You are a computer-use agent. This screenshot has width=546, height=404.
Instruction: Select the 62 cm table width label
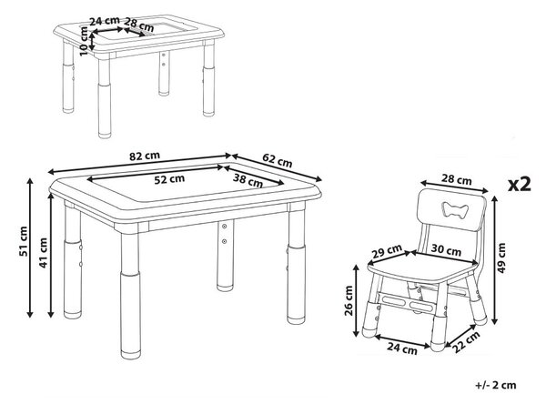[x=278, y=160]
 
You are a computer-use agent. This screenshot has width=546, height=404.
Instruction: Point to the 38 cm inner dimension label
[x=248, y=180]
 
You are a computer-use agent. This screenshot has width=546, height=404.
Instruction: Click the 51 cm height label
[x=24, y=241]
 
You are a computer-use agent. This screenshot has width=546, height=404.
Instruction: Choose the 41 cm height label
[x=43, y=253]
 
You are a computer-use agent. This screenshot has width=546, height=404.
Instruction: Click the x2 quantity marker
[x=520, y=184]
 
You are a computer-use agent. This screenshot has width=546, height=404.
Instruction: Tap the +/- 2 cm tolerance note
[x=496, y=385]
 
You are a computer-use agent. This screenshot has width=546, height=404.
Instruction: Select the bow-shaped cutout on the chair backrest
[x=455, y=210]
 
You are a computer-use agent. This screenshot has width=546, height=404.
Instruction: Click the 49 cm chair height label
[x=501, y=258]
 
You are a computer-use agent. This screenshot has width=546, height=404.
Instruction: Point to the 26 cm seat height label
[x=349, y=300]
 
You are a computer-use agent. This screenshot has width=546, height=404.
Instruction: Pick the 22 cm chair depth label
[x=466, y=342]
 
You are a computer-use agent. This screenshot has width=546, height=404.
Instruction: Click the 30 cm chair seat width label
[x=446, y=249]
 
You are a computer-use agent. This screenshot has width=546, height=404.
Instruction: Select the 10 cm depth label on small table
[x=84, y=41]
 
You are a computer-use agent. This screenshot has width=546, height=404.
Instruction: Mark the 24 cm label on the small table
[x=105, y=21]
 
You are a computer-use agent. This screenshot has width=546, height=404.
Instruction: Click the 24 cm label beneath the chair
[x=402, y=348]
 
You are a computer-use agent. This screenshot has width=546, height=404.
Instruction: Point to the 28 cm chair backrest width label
[x=456, y=180]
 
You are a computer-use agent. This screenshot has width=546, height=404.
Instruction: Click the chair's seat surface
[x=421, y=270]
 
